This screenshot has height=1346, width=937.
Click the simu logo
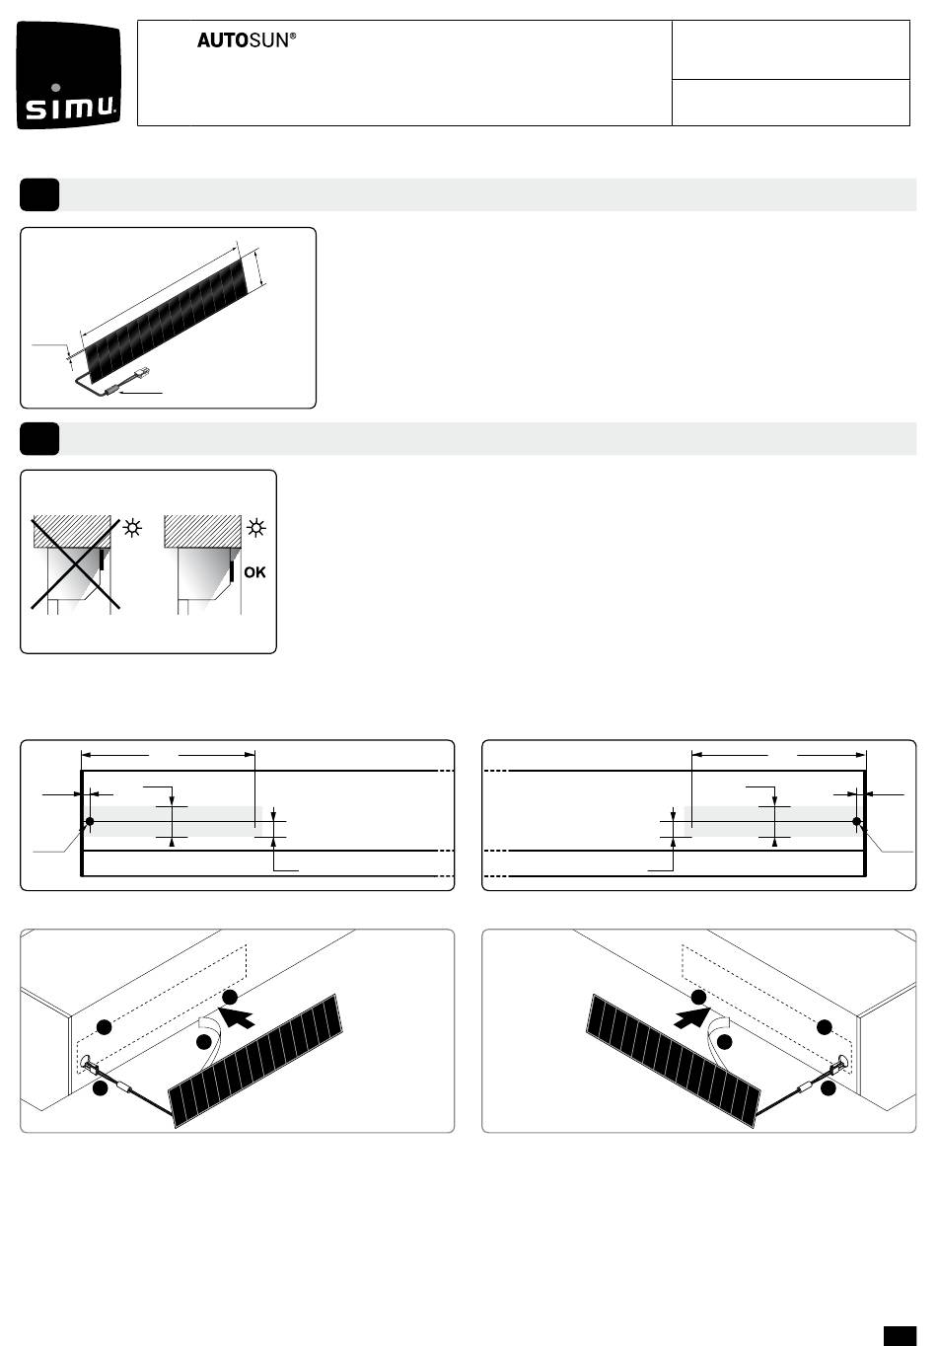click(x=68, y=75)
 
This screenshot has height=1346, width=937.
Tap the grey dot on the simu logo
click(x=56, y=88)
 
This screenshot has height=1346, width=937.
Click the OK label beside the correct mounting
click(x=254, y=572)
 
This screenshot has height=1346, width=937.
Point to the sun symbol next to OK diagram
click(x=256, y=528)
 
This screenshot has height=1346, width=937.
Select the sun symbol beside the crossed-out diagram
click(x=132, y=528)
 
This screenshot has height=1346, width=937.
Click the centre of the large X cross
click(x=75, y=564)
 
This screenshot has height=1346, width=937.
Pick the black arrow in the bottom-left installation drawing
click(x=236, y=1017)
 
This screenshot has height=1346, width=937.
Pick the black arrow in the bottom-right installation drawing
click(x=692, y=1017)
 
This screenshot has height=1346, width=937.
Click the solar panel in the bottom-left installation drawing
click(x=254, y=1061)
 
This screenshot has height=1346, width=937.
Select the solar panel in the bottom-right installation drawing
click(x=674, y=1061)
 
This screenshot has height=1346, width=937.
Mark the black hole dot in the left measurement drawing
click(x=90, y=821)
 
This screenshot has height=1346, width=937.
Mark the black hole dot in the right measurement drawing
click(x=857, y=821)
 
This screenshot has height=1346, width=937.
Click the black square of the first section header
click(x=39, y=194)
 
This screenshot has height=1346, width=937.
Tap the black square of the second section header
click(x=39, y=439)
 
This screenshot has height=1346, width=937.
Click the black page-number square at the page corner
click(x=900, y=1336)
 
